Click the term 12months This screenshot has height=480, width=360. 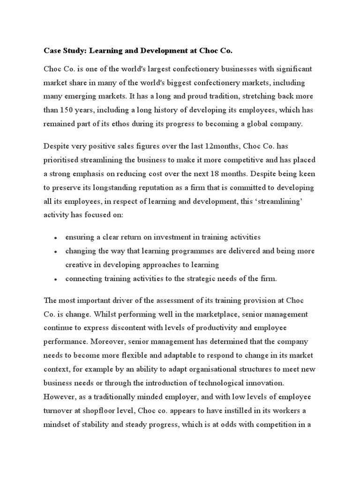(x=220, y=146)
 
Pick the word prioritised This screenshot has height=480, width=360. (x=64, y=160)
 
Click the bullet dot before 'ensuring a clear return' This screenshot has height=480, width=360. (x=55, y=238)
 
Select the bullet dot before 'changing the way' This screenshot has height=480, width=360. (x=55, y=252)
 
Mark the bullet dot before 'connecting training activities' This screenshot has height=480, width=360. (x=55, y=279)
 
